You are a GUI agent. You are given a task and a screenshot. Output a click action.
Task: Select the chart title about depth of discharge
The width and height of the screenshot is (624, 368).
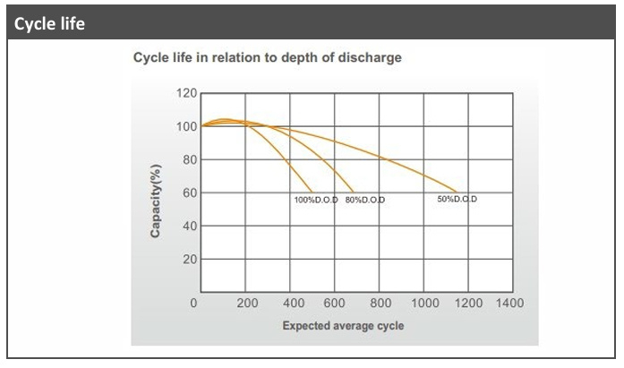tap(267, 58)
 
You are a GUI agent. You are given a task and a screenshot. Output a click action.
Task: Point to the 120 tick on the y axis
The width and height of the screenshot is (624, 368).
tap(186, 93)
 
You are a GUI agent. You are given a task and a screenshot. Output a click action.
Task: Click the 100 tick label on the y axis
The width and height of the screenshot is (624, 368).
tap(186, 126)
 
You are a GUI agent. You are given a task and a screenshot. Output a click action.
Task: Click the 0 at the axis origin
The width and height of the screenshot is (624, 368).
tap(193, 304)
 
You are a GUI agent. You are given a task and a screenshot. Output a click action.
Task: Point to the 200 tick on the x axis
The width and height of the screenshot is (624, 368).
tap(247, 304)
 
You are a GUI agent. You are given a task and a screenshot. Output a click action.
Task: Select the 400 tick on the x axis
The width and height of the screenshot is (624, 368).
tap(292, 304)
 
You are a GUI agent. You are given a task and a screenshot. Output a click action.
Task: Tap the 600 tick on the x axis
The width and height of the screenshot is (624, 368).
tap(336, 304)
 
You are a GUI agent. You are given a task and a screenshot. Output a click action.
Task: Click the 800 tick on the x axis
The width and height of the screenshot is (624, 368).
tap(380, 304)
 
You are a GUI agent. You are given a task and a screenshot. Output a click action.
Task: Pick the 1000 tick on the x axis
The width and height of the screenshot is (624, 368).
tap(424, 304)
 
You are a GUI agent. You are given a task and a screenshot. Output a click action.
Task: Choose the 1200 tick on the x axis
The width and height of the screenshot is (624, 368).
tap(467, 304)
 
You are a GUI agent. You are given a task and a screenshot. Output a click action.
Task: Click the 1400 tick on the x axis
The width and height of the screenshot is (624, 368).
tap(510, 304)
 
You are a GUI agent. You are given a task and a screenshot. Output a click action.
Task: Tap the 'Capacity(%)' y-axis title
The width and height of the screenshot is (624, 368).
tap(156, 201)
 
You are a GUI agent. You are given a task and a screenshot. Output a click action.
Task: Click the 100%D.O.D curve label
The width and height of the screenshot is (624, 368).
tap(316, 200)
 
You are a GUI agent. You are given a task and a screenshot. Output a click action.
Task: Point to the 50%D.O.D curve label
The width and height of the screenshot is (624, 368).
tap(457, 199)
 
